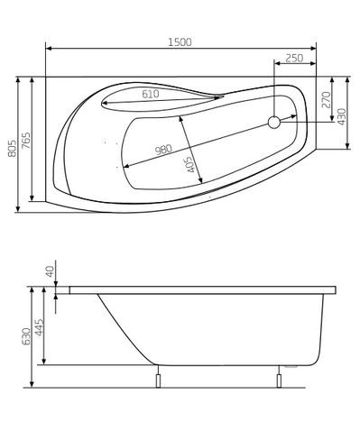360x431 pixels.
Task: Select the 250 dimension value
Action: pyautogui.click(x=293, y=58)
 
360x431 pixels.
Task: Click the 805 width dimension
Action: pyautogui.click(x=12, y=144)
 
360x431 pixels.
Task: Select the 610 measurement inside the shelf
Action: pyautogui.click(x=151, y=94)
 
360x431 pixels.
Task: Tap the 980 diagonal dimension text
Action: pyautogui.click(x=163, y=150)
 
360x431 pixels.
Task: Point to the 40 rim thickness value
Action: pyautogui.click(x=51, y=271)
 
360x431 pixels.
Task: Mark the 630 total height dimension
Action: pyautogui.click(x=27, y=336)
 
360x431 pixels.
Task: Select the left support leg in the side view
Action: pyautogui.click(x=159, y=378)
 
